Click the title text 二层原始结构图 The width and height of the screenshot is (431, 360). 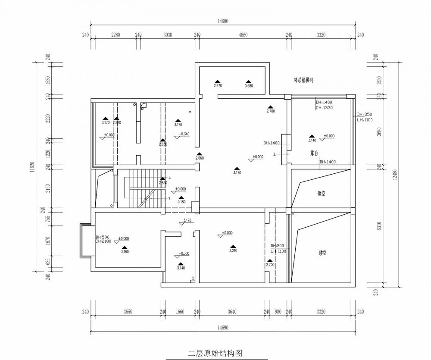point(215,353)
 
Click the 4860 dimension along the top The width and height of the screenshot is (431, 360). point(243,35)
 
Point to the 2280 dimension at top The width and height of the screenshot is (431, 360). point(116,35)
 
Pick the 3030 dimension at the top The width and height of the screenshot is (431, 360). point(168,35)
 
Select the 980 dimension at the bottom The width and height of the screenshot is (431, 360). point(278,312)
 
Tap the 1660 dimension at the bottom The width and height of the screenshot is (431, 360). point(180,312)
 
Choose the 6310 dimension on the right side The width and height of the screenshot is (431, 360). point(379,226)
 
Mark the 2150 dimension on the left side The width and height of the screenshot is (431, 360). point(49,188)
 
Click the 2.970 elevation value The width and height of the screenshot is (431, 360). point(218,86)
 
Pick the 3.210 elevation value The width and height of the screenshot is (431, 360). point(233,250)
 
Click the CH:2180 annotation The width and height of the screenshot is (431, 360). point(103,241)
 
